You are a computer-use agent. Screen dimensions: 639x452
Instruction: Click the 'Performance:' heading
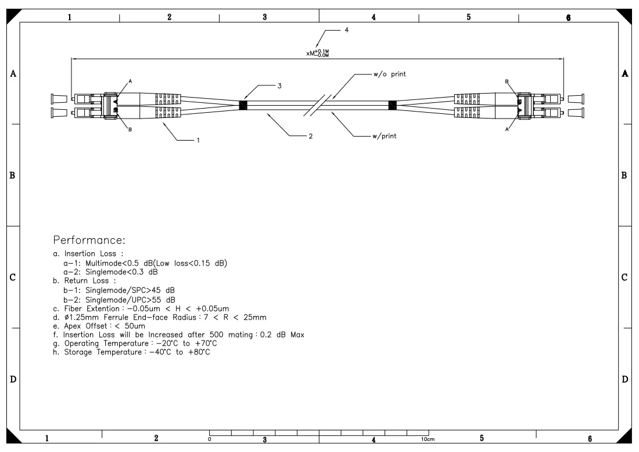[x=89, y=240]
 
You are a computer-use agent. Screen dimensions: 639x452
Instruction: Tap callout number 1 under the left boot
[x=198, y=140]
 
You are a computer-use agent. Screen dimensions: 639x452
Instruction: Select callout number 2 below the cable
[x=311, y=136]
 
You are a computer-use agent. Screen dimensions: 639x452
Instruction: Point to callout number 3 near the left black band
[x=279, y=85]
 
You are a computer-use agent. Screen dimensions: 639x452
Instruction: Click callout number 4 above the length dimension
[x=347, y=30]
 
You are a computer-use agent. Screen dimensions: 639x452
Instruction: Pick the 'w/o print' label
[x=390, y=74]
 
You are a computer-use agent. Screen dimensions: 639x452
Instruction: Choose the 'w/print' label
[x=385, y=136]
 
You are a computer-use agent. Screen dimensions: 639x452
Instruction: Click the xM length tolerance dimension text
[x=318, y=53]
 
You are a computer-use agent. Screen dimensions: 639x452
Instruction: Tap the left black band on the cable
[x=243, y=105]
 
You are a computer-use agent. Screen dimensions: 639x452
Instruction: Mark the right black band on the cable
[x=393, y=105]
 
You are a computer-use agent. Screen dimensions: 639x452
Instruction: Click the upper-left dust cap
[x=59, y=99]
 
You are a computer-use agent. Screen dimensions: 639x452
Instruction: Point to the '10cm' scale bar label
[x=428, y=439]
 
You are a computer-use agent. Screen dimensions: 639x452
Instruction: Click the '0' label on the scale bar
[x=210, y=439]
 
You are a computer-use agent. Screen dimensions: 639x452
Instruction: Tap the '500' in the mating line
[x=217, y=335]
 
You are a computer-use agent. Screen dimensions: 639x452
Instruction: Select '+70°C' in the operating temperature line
[x=206, y=343]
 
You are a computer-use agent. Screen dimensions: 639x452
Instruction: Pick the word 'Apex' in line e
[x=73, y=326]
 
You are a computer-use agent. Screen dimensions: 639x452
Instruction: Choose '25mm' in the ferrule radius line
[x=254, y=317]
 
